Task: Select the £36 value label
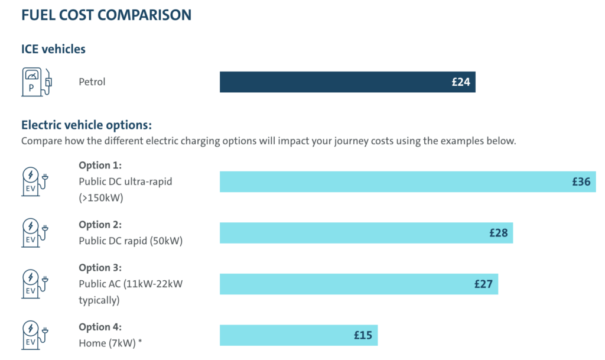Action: pyautogui.click(x=581, y=182)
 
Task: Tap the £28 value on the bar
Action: pyautogui.click(x=499, y=233)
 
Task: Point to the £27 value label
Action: pyautogui.click(x=483, y=284)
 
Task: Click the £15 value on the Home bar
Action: pyautogui.click(x=363, y=336)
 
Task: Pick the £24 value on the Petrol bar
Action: pyautogui.click(x=461, y=82)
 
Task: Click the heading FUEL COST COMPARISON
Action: pyautogui.click(x=106, y=15)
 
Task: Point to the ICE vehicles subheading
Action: pyautogui.click(x=53, y=50)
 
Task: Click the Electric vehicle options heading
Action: pyautogui.click(x=86, y=125)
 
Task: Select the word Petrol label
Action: pyautogui.click(x=92, y=82)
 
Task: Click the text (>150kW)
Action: pyautogui.click(x=101, y=198)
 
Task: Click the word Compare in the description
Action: pyautogui.click(x=40, y=142)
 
